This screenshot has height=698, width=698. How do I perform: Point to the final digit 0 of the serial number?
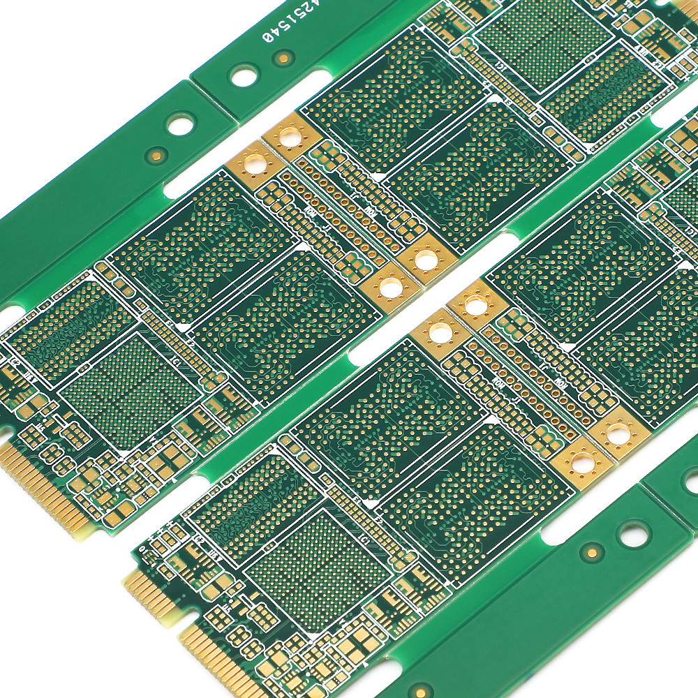coord(267,36)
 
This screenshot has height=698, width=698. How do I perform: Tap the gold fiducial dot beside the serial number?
coord(283,58)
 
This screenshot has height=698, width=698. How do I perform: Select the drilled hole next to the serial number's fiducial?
coord(244,75)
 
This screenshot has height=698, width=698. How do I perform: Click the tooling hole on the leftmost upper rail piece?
coord(180,125)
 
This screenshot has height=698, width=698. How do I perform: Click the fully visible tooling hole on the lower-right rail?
coord(634,535)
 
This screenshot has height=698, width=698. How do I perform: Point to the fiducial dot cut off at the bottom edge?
coord(421,691)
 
